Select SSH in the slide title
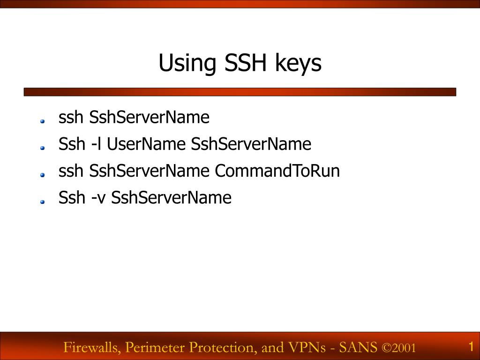(245, 63)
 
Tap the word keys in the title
(299, 64)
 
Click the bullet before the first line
(42, 121)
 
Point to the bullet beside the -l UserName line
(42, 148)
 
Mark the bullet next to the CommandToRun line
(42, 175)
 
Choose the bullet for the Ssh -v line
(42, 202)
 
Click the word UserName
(146, 144)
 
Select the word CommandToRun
(277, 171)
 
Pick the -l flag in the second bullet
(96, 144)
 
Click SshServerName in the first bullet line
(149, 117)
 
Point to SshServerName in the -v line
(172, 198)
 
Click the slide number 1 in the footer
(471, 347)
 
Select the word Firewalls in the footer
(92, 347)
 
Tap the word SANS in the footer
(358, 347)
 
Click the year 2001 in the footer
(405, 348)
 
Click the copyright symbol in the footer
(386, 348)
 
